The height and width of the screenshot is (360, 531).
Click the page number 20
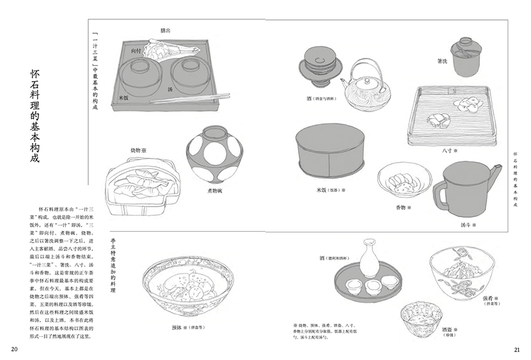coord(14,350)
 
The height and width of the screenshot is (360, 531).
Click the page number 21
coord(517,350)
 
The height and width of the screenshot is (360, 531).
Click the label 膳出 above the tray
coord(166,31)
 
